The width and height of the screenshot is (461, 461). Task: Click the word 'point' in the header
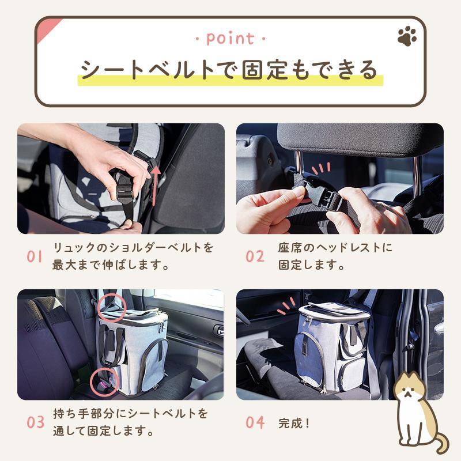(x=230, y=39)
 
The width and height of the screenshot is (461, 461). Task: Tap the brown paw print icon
(x=407, y=37)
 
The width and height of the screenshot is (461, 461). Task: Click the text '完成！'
(x=294, y=423)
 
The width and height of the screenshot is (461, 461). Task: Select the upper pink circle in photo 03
(x=109, y=304)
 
